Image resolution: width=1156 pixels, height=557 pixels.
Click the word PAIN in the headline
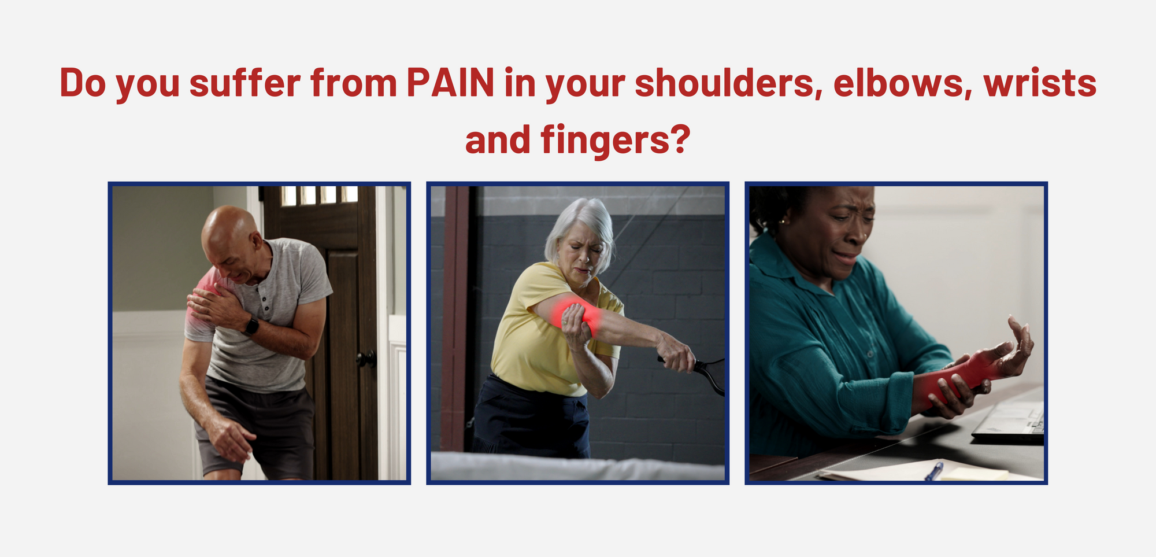click(450, 83)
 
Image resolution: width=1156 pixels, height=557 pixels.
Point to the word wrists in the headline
click(1040, 83)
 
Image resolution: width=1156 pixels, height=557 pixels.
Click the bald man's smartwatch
click(251, 326)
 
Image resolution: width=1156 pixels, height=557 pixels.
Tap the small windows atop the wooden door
click(319, 195)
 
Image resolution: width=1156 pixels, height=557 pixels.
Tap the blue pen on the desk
click(933, 471)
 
